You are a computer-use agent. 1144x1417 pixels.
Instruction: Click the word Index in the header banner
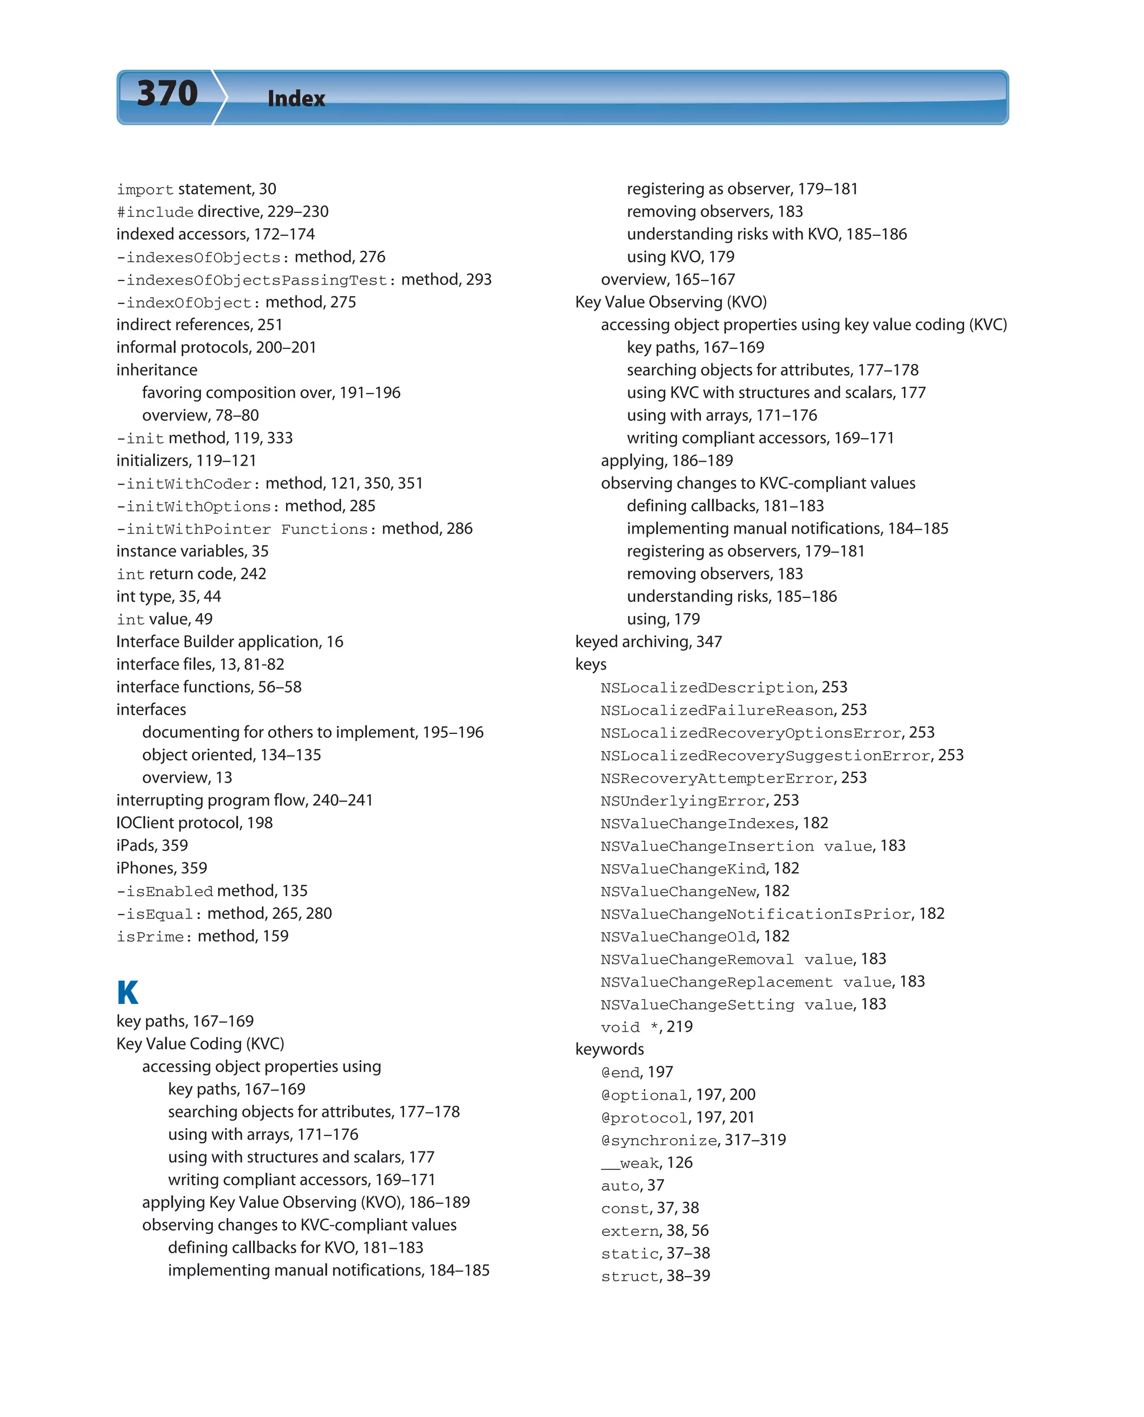(x=296, y=99)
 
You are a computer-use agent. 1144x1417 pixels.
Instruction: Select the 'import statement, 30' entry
(x=197, y=189)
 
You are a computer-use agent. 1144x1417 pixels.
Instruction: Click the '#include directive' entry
(x=222, y=212)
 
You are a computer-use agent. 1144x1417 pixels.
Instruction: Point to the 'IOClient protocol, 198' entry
(x=194, y=823)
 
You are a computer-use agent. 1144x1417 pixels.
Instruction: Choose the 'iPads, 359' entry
(x=152, y=845)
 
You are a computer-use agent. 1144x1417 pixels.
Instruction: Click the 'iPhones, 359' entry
(x=161, y=868)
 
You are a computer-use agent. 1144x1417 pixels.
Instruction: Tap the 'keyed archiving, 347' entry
(x=649, y=642)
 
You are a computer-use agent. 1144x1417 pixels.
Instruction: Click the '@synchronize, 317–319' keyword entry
(x=693, y=1140)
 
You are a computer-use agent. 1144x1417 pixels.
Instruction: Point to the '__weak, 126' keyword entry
(x=646, y=1163)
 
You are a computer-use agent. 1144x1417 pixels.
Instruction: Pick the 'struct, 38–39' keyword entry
(x=655, y=1276)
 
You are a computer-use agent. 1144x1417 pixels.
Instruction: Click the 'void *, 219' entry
(x=646, y=1027)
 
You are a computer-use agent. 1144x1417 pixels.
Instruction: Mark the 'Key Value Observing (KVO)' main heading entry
(x=671, y=302)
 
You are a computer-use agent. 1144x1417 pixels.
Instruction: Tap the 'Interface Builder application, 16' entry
(x=230, y=642)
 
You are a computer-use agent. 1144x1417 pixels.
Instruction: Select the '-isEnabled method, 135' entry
(x=212, y=891)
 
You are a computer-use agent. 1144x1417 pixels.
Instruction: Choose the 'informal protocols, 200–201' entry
(x=216, y=348)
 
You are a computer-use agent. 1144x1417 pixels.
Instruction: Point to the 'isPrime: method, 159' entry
(x=202, y=936)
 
